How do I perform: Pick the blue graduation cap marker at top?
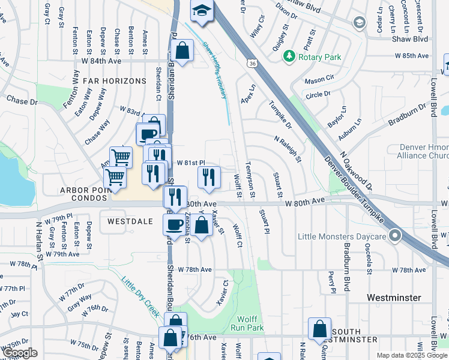click(x=201, y=11)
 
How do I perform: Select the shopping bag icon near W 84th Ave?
click(x=181, y=50)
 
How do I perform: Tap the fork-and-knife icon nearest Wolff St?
click(x=208, y=177)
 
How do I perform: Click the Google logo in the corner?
click(x=19, y=353)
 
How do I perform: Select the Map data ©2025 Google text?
click(x=411, y=355)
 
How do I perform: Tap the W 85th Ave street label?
click(x=408, y=55)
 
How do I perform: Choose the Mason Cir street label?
click(x=319, y=79)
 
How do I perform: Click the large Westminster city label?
click(x=394, y=298)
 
